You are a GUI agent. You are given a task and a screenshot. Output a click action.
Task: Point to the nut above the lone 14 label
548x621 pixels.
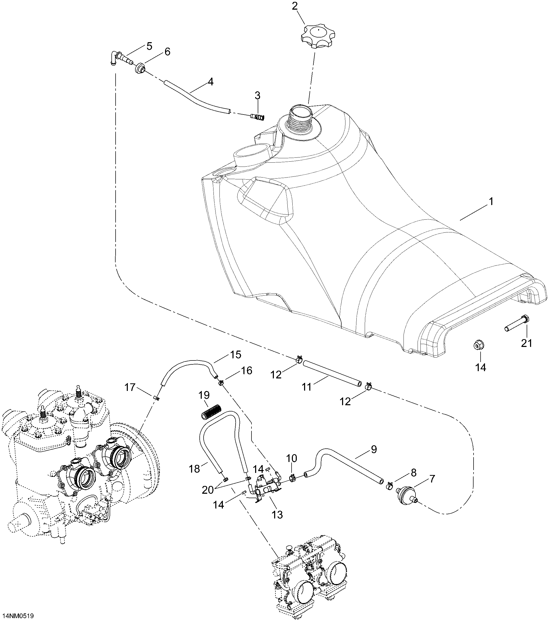(479, 345)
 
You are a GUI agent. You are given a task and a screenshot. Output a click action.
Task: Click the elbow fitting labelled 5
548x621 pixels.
(119, 58)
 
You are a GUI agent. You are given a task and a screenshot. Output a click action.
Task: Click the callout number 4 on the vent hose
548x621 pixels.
(210, 82)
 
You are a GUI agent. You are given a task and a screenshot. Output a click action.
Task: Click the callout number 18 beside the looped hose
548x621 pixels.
(194, 469)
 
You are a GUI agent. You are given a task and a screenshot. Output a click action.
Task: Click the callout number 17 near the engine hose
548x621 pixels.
(130, 387)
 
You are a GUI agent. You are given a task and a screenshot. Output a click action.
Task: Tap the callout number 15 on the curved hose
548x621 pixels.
(236, 354)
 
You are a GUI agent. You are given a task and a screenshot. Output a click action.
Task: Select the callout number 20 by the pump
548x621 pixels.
(208, 490)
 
